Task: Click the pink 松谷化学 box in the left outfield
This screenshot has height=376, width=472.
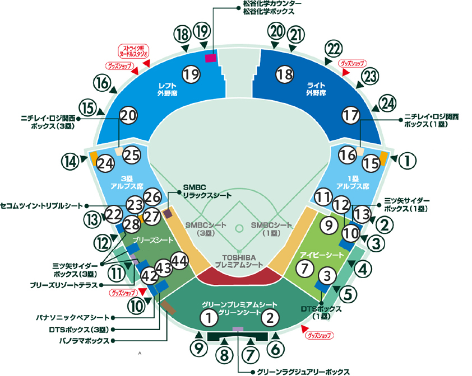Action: tap(211, 58)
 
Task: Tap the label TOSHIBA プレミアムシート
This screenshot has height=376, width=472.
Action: tap(239, 260)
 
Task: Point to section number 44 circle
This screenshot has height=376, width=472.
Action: tap(179, 261)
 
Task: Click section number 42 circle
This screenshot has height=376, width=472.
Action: tap(149, 275)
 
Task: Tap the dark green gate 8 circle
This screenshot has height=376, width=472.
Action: tap(224, 354)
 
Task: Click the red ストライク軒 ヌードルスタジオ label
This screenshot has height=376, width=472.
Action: tap(133, 51)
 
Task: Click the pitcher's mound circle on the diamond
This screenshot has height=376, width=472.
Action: tap(239, 228)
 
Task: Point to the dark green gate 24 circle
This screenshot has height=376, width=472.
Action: tap(387, 102)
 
